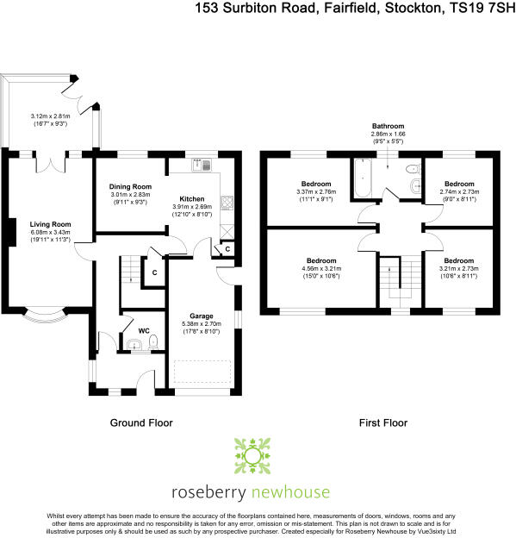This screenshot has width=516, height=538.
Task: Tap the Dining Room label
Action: coord(130,186)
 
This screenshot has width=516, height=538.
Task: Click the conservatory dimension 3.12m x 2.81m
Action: coord(48,116)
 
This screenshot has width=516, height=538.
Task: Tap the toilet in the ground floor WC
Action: coord(152,344)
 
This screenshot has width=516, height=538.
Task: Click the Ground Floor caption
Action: coord(141,423)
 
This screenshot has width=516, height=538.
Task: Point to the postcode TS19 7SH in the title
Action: coord(482,9)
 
